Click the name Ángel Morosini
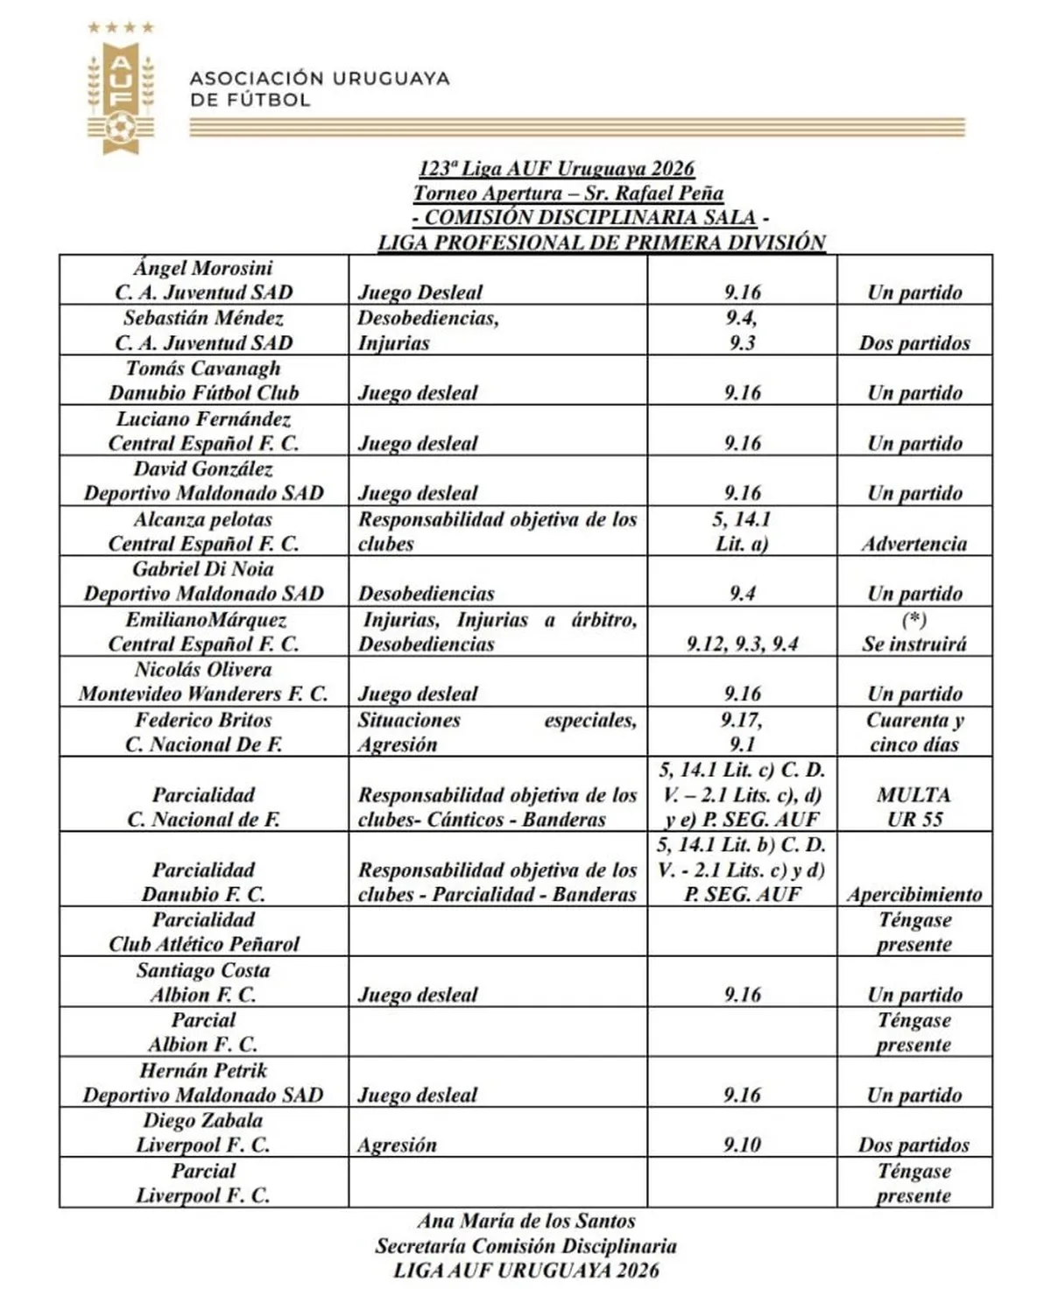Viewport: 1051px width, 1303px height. (203, 268)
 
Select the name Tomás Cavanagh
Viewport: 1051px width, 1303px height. (203, 369)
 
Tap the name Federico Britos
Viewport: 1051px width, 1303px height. (203, 720)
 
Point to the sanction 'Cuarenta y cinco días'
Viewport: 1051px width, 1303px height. (914, 732)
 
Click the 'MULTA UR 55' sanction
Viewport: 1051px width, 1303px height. (914, 806)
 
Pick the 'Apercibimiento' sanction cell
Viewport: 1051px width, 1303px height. (914, 894)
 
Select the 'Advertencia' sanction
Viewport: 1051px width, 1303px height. (914, 544)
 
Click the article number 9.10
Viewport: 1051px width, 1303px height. (742, 1145)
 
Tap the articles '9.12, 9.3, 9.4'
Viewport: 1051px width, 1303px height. (742, 644)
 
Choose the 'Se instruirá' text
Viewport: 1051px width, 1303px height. (914, 644)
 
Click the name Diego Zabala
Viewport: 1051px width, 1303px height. (203, 1121)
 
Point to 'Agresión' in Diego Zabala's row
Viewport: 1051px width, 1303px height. (397, 1145)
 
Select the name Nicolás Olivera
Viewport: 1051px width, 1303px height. (203, 670)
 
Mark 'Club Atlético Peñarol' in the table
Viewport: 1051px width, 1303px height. (203, 944)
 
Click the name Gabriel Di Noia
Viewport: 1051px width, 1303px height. (203, 569)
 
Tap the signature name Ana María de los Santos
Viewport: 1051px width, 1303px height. (525, 1221)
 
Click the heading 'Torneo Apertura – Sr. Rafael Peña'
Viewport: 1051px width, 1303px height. (568, 194)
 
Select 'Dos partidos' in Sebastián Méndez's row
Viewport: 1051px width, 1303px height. (914, 343)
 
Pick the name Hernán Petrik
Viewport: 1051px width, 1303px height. (203, 1070)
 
